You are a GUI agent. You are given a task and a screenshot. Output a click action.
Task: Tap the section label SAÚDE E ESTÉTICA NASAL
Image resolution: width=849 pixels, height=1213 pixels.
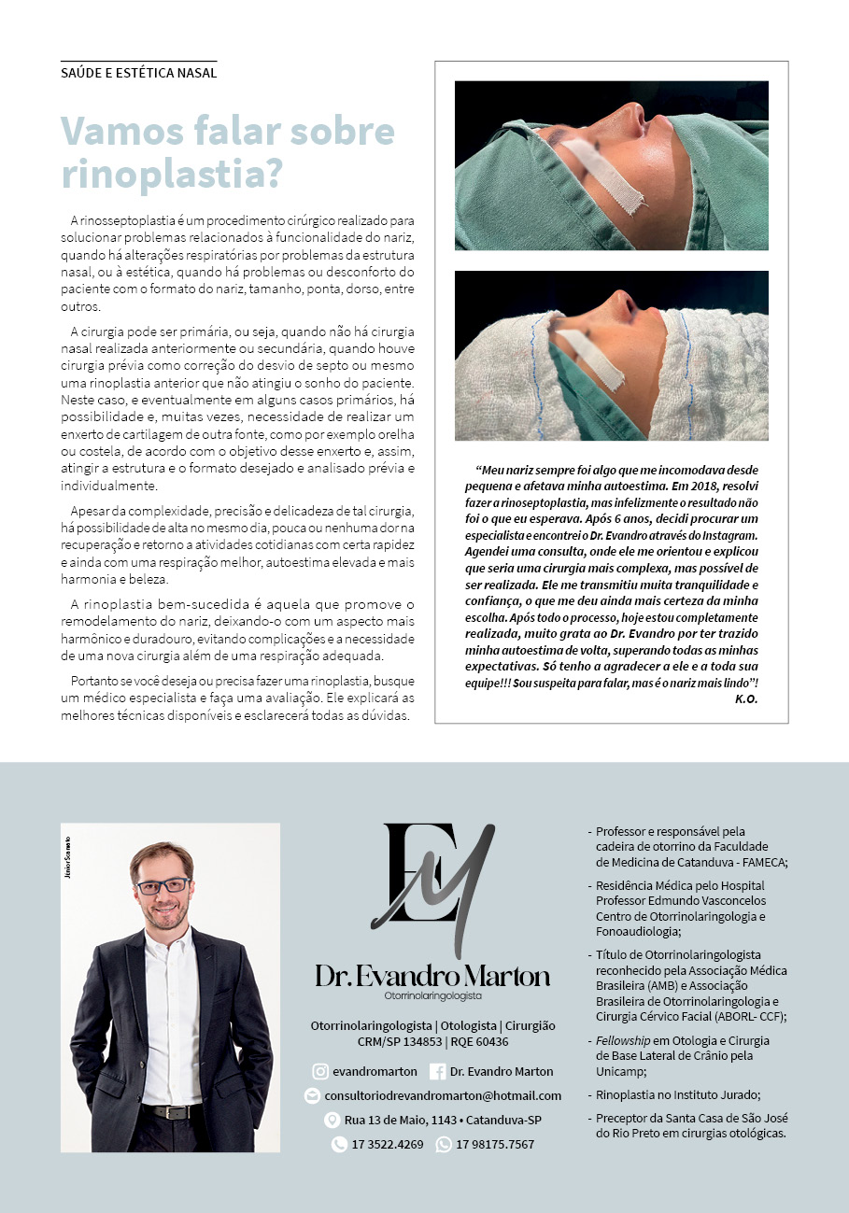[138, 73]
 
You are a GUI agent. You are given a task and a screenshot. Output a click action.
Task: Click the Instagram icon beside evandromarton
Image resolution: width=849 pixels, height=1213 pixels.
[320, 1071]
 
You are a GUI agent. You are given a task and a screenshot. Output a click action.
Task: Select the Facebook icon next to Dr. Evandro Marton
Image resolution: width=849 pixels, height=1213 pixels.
[437, 1071]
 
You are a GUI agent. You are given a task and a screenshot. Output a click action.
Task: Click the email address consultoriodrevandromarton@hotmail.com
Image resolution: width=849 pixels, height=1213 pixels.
[443, 1095]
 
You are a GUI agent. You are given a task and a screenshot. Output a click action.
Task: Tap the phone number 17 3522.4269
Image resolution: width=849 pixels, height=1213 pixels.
[387, 1144]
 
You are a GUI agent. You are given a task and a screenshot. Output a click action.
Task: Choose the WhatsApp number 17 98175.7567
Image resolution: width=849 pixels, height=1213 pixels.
[495, 1144]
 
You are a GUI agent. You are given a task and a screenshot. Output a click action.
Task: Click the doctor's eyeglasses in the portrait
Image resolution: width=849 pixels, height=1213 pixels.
[163, 885]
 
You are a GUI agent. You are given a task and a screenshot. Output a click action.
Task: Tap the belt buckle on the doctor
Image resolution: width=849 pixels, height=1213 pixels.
[172, 1111]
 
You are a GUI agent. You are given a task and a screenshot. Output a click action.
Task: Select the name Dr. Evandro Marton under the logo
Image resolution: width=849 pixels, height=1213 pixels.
[432, 977]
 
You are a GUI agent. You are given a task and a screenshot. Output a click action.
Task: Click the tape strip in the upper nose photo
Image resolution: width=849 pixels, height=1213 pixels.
[606, 174]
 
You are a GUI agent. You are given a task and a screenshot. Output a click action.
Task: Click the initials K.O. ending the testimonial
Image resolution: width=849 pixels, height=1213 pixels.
[746, 698]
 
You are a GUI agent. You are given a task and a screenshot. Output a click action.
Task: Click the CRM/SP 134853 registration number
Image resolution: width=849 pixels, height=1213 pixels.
[400, 1041]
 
